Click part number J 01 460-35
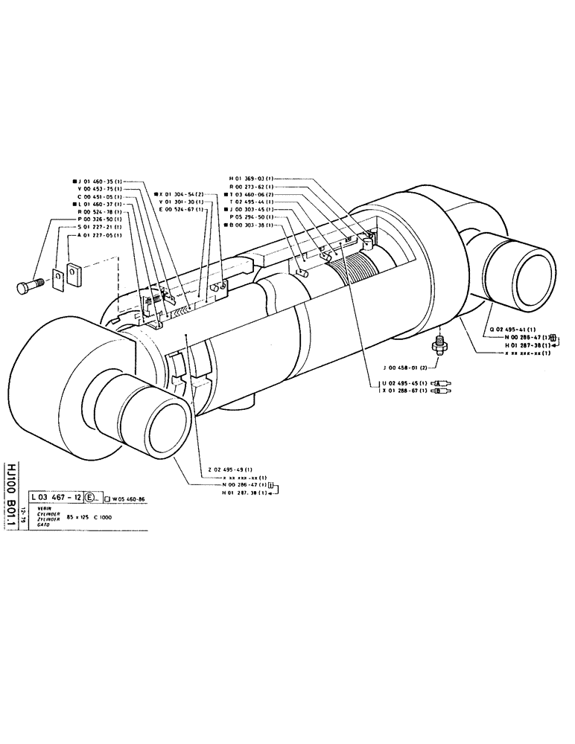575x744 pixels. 101,181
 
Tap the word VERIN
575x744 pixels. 38,507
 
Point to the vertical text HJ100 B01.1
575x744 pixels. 10,483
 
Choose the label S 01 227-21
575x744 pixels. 104,228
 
